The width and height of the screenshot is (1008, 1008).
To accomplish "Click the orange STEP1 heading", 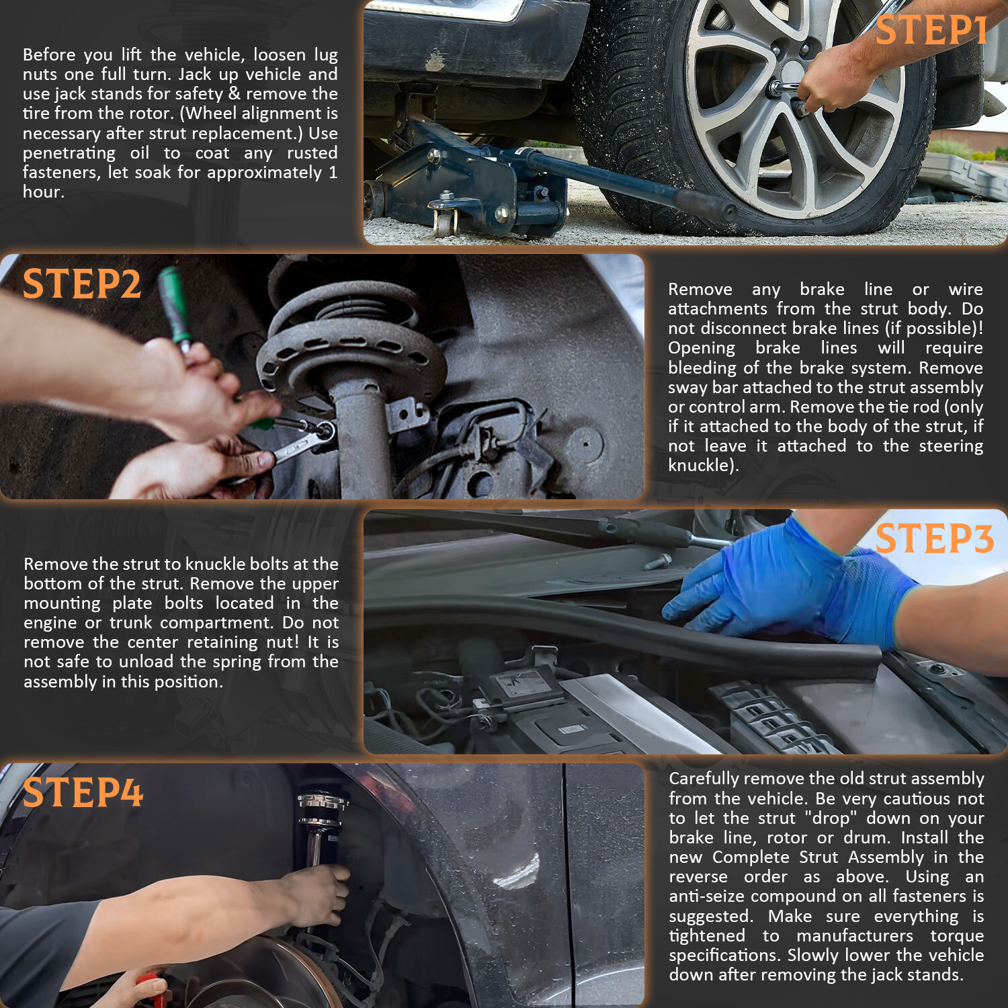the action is [931, 31].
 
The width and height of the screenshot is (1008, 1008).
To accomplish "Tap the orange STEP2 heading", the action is [82, 284].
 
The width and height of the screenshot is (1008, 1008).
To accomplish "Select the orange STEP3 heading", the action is [934, 539].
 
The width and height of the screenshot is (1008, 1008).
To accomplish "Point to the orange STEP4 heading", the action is [83, 792].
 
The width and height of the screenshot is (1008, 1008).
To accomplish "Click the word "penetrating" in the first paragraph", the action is [69, 153].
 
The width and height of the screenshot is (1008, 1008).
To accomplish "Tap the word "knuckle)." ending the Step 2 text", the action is [703, 465].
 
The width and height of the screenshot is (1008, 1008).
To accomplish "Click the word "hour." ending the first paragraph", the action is [44, 192].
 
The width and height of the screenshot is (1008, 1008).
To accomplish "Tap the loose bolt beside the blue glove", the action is [657, 560].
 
